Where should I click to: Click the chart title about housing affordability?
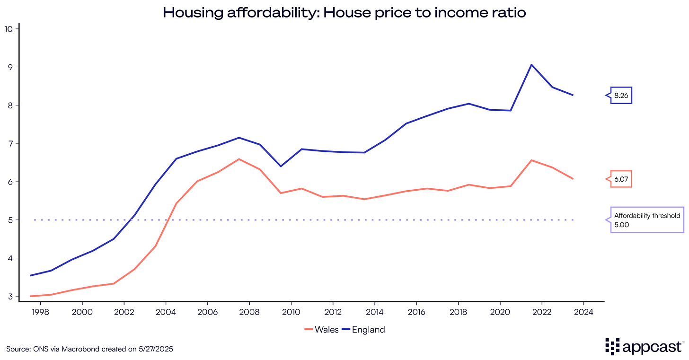coord(344,12)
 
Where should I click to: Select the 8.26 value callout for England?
coord(622,96)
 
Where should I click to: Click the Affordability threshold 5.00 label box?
coord(647,220)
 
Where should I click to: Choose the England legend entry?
coord(364,330)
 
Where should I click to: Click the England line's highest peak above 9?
coord(531,65)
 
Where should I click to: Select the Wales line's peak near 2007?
coord(239,159)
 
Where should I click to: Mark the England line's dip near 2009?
coord(281,166)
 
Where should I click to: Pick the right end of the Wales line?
coord(573,179)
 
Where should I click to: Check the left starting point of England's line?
coord(30,275)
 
